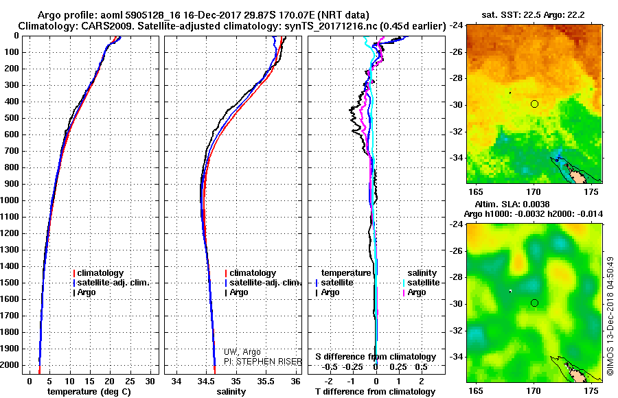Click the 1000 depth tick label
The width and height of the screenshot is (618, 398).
pyautogui.click(x=10, y=200)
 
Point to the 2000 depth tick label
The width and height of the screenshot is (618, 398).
pyautogui.click(x=10, y=365)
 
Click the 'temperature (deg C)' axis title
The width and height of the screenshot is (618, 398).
pyautogui.click(x=89, y=392)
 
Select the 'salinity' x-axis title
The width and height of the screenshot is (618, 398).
pyautogui.click(x=231, y=392)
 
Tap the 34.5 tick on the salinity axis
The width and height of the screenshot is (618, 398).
pyautogui.click(x=206, y=382)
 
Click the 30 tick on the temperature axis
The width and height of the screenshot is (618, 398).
pyautogui.click(x=150, y=382)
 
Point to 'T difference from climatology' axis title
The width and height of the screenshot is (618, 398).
pyautogui.click(x=375, y=392)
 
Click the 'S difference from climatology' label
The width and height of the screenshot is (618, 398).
pyautogui.click(x=376, y=357)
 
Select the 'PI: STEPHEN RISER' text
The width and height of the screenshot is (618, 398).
pyautogui.click(x=262, y=362)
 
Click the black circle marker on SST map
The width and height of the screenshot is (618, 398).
pyautogui.click(x=534, y=104)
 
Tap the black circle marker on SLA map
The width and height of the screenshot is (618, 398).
pyautogui.click(x=534, y=303)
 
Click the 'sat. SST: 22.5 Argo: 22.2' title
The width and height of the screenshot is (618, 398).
pyautogui.click(x=534, y=15)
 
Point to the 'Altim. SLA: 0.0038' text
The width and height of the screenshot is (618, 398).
pyautogui.click(x=512, y=204)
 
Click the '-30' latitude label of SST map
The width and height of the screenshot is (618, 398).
pyautogui.click(x=457, y=105)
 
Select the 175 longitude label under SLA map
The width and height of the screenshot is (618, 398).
pyautogui.click(x=591, y=391)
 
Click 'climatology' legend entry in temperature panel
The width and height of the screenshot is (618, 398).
pyautogui.click(x=98, y=273)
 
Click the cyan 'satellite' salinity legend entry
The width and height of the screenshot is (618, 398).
pyautogui.click(x=421, y=283)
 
